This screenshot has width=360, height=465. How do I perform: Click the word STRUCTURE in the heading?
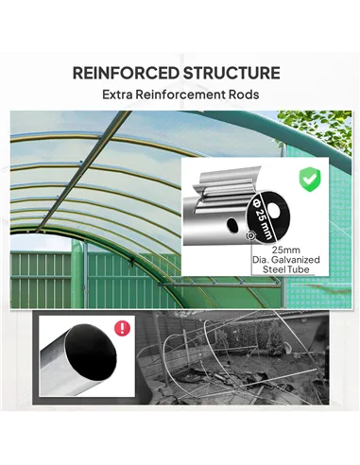pos(232,73)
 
